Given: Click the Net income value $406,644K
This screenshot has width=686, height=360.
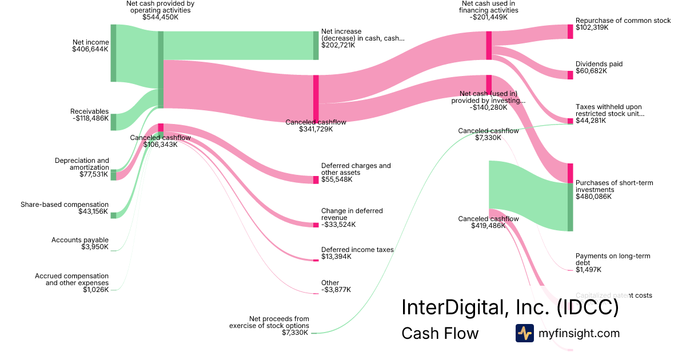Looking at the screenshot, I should click(90, 49).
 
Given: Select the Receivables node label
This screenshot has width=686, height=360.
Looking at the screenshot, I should click(89, 111).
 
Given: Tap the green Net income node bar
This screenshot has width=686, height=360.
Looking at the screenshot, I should click(113, 53).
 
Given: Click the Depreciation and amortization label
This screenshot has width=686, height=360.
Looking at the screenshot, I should click(82, 164).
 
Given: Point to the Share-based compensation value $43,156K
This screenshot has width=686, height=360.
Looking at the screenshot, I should click(93, 211).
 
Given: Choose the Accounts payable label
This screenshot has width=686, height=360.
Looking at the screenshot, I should click(80, 240).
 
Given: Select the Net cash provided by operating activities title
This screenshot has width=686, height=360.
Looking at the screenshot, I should click(160, 7).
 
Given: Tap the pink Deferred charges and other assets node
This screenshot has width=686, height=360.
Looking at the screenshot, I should click(316, 180).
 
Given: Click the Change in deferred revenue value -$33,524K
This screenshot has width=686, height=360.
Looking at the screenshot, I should click(338, 225).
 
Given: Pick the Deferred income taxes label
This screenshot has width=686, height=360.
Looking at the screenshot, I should click(357, 250).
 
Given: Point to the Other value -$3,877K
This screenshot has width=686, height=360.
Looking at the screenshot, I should click(336, 290).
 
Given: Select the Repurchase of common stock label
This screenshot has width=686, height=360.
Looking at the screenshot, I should click(623, 21).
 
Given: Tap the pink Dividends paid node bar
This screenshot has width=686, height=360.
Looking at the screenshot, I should click(570, 75).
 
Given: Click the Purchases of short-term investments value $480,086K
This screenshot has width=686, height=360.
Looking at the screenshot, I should click(593, 197).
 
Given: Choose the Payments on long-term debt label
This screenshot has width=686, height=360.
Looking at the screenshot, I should click(613, 259).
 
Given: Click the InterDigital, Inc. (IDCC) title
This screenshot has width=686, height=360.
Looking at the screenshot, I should click(510, 307).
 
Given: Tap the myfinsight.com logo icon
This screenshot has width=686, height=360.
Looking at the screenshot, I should click(524, 333).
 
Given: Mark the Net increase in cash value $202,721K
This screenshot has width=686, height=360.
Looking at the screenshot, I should click(338, 45).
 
